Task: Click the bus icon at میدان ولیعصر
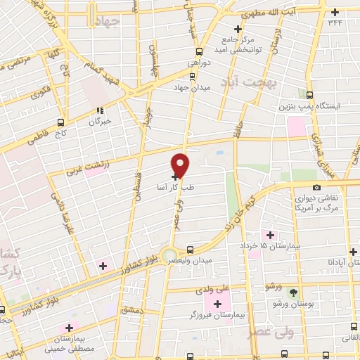pyautogui.click(x=191, y=249)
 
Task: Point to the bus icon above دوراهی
pyautogui.click(x=199, y=51)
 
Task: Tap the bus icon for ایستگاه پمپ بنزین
pyautogui.click(x=311, y=94)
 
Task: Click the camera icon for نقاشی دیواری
pyautogui.click(x=317, y=187)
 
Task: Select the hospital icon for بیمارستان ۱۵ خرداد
pyautogui.click(x=267, y=234)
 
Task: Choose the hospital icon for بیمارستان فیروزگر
pyautogui.click(x=217, y=304)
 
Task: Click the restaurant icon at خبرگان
pyautogui.click(x=100, y=110)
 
